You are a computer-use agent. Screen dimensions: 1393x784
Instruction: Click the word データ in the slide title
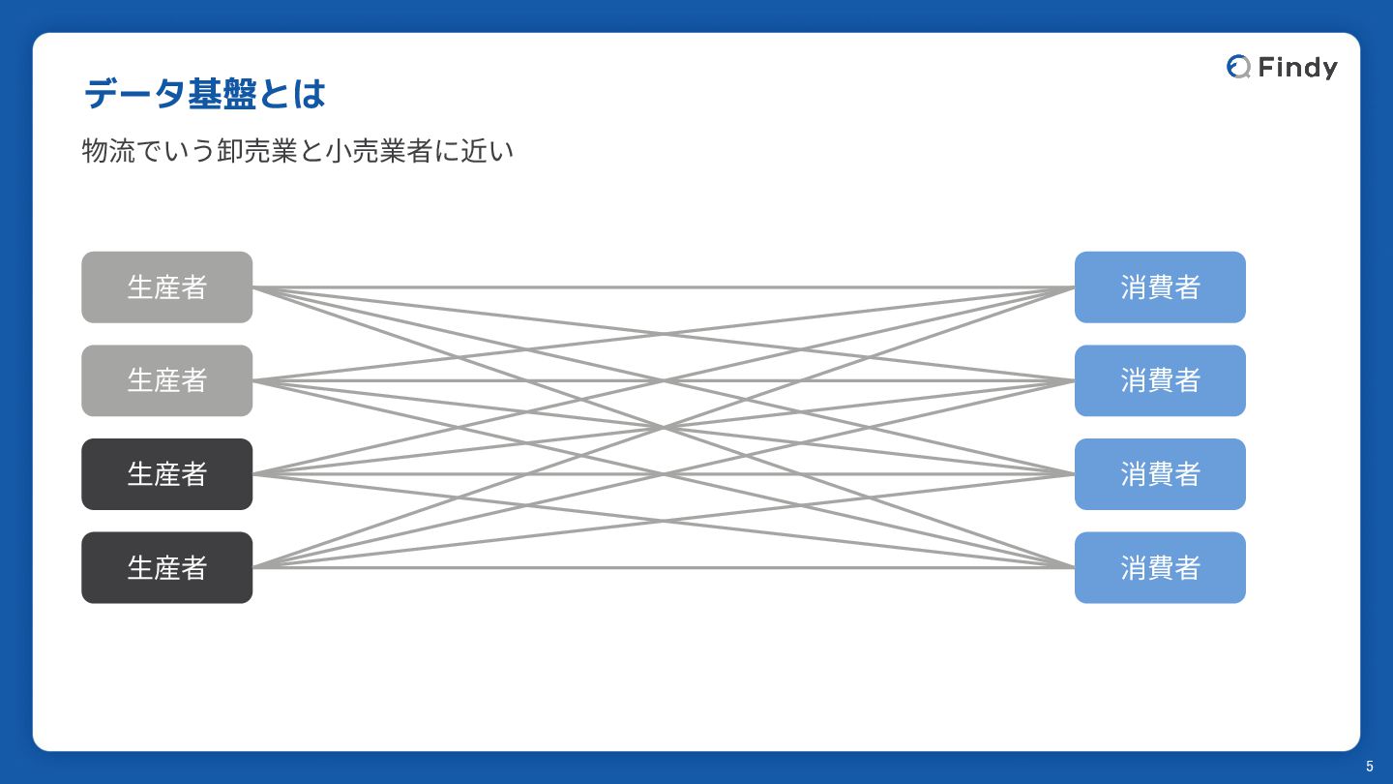pos(134,95)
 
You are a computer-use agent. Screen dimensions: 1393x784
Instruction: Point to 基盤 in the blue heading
pos(221,95)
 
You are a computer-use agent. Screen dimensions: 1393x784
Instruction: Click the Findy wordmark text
pos(1297,67)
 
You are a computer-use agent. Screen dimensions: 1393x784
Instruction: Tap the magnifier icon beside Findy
pos(1238,67)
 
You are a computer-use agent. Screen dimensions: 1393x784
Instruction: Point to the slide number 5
pos(1369,767)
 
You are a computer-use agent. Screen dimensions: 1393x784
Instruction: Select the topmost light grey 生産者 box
pos(166,287)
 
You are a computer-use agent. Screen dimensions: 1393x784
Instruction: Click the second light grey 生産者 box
pos(166,380)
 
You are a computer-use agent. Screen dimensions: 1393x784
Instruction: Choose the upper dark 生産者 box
pos(166,474)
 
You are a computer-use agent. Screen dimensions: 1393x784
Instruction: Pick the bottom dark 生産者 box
pos(166,567)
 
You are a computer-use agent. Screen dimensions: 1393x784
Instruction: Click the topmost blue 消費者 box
pos(1160,287)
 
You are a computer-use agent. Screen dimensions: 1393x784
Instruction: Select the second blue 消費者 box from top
pos(1160,380)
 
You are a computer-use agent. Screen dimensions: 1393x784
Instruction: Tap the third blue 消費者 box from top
pos(1160,474)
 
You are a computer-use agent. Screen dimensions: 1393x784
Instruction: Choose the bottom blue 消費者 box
pos(1160,567)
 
